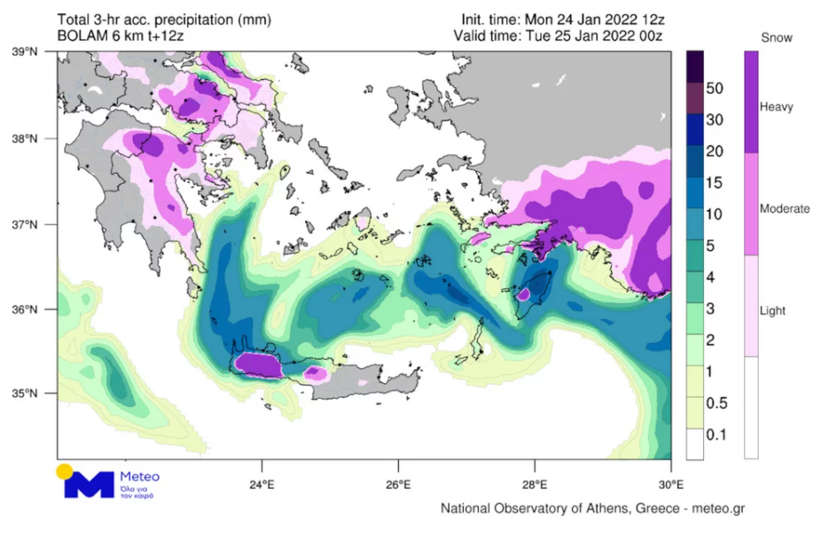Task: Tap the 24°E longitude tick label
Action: [262, 484]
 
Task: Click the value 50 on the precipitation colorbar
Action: [715, 89]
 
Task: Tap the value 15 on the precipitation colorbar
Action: [715, 183]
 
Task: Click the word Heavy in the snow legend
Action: [777, 107]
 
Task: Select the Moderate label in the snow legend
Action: [785, 209]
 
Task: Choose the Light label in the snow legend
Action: [773, 311]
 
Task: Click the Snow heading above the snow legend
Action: [777, 38]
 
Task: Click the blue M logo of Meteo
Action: [91, 484]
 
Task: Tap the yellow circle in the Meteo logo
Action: [64, 471]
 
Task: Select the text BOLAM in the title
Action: [81, 36]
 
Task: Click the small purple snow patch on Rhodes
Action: [524, 293]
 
